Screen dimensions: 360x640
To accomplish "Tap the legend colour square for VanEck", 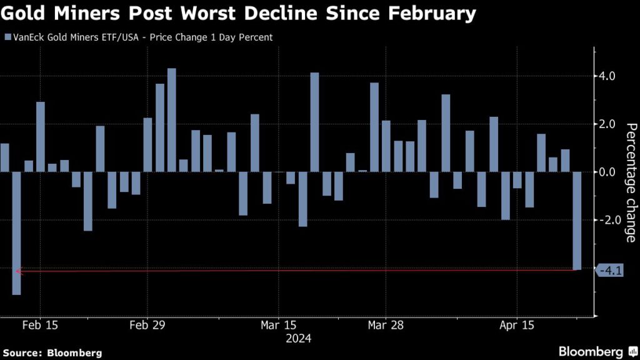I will [x=7, y=37].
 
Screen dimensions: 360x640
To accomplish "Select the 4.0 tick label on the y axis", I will [x=607, y=76].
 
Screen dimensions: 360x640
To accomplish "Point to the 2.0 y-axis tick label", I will [x=607, y=124].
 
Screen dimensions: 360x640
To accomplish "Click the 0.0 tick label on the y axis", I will [x=607, y=172].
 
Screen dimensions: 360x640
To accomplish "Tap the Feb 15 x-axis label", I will [x=40, y=326].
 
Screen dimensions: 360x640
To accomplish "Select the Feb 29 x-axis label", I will [x=147, y=326].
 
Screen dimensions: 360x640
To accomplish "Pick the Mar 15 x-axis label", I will [x=278, y=326].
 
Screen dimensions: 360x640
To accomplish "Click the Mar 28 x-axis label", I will [x=386, y=326].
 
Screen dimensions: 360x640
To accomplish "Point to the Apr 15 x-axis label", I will [x=517, y=326].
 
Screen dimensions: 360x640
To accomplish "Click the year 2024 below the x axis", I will [x=298, y=338].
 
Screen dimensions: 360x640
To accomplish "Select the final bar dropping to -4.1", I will [x=577, y=221].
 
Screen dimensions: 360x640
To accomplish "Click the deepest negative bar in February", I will [x=16, y=233].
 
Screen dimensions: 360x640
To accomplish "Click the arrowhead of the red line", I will [x=17, y=271].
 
